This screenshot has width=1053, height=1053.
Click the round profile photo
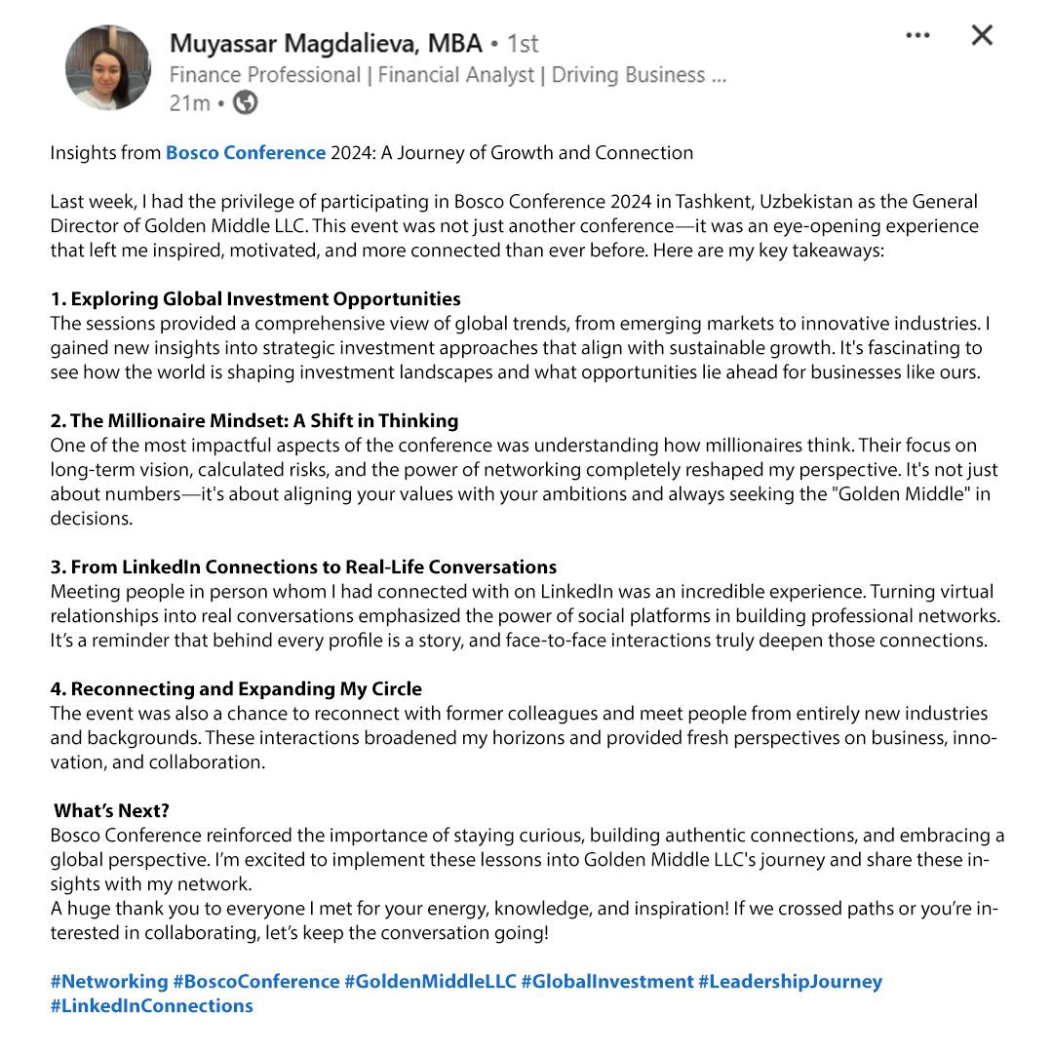108,67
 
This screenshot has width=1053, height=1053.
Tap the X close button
982,36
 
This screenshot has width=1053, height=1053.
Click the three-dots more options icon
917,36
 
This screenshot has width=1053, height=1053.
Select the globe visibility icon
246,102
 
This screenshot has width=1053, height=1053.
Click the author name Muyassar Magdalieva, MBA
326,44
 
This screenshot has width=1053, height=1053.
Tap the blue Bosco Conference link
246,153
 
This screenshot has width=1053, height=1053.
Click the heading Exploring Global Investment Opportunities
255,299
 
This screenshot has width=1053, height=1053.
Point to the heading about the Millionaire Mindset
254,421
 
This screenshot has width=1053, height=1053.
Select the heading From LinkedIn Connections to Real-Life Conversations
303,567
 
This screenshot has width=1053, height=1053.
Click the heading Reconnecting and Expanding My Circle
236,689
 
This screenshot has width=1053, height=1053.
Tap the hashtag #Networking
109,982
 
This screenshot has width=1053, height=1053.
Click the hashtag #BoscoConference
255,982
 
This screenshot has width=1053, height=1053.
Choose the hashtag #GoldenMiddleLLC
430,982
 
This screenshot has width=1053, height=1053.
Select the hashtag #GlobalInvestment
606,982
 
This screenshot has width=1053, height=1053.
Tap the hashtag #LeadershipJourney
790,982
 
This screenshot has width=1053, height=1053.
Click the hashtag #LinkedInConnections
152,1006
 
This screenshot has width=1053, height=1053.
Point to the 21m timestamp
190,103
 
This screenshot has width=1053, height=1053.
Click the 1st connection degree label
523,44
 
